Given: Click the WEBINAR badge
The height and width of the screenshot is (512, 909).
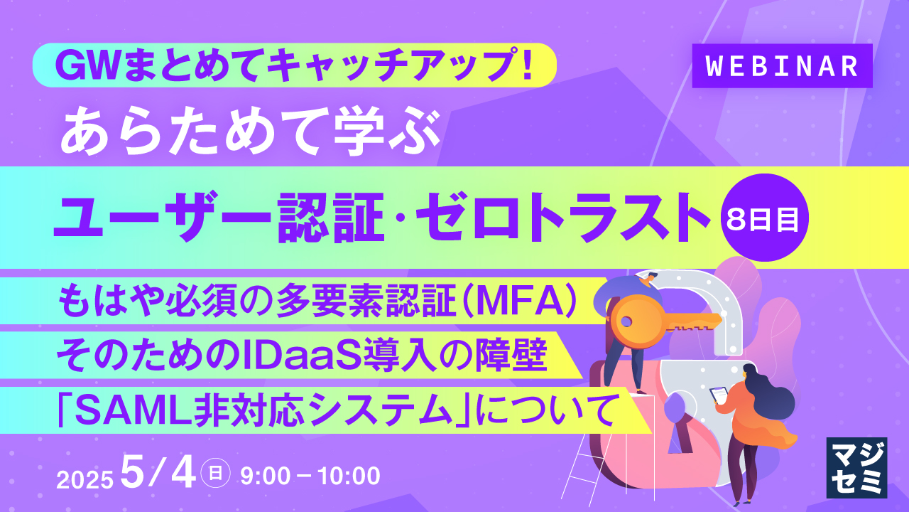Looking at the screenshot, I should tap(782, 66).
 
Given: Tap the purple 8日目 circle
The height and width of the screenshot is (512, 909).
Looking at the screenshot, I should tap(764, 218).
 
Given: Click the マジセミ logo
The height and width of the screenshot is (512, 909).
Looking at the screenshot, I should tap(856, 467).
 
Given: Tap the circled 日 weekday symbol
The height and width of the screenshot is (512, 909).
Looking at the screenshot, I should tap(215, 474).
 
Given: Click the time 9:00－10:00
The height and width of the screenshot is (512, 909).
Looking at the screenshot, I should tap(310, 476).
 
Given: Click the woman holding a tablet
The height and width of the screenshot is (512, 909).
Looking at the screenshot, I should tap(746, 427).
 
